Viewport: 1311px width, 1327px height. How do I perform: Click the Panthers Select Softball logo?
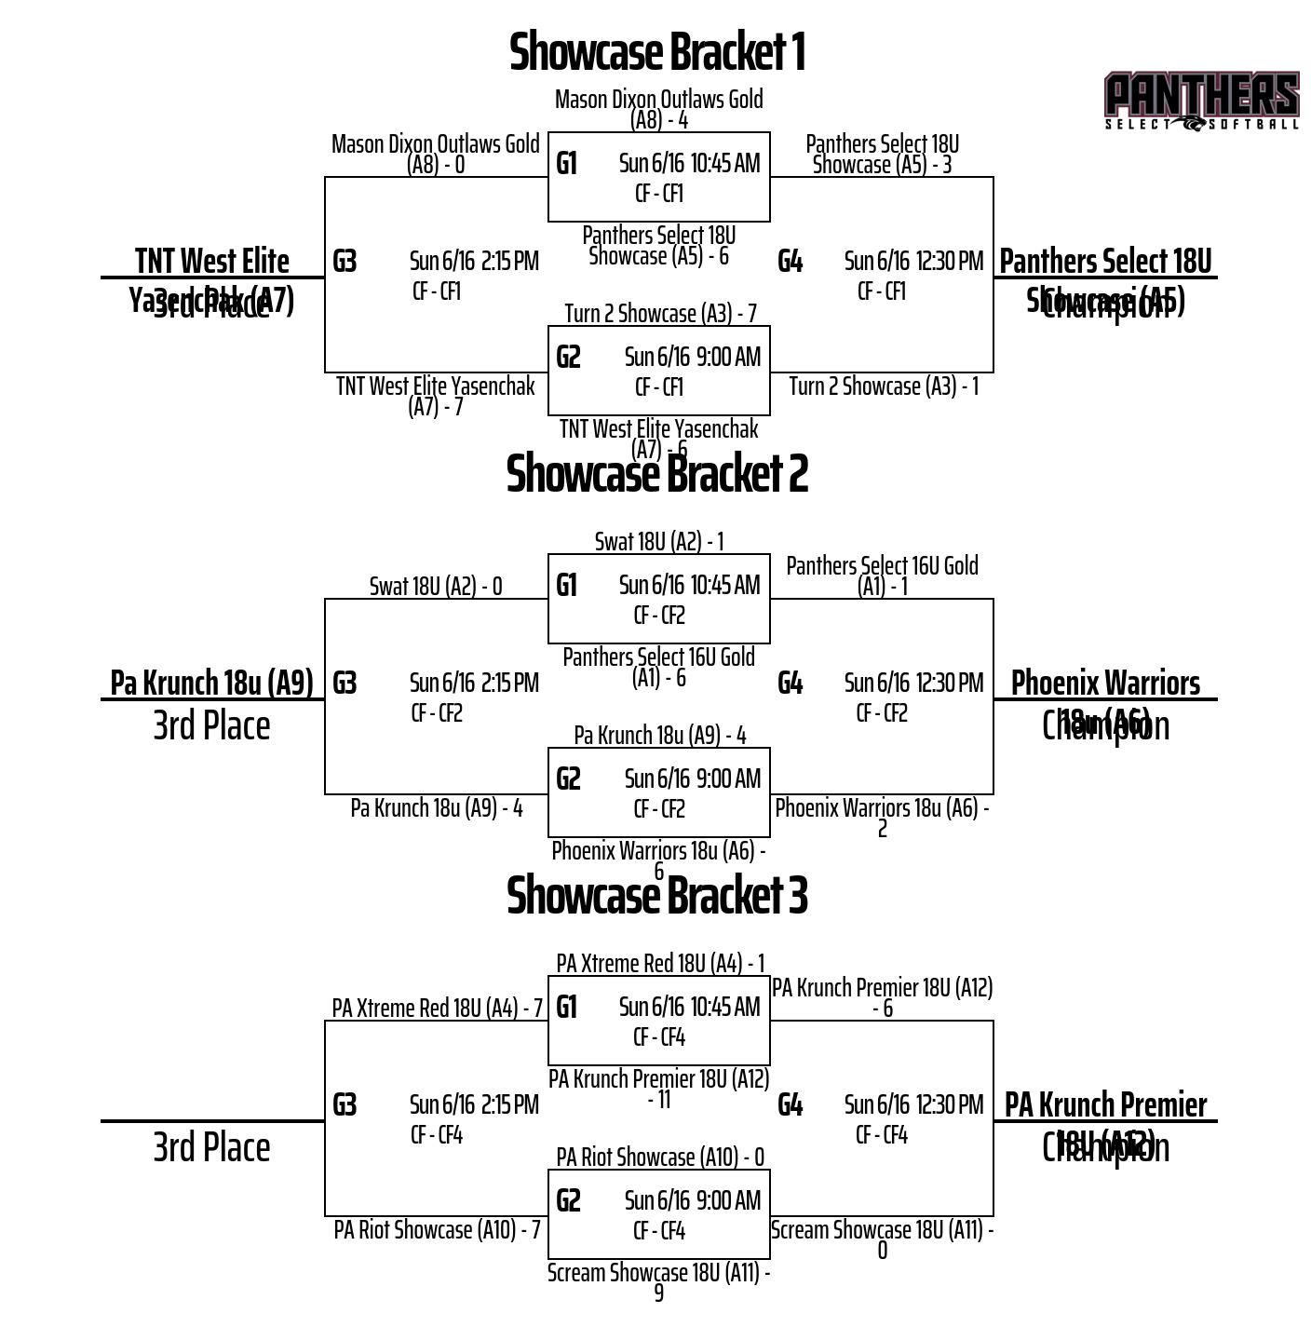point(1201,101)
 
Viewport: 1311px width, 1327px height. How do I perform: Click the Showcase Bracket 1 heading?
point(656,52)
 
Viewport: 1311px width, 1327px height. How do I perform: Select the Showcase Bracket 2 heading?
point(656,474)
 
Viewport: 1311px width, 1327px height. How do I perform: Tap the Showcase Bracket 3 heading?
point(656,896)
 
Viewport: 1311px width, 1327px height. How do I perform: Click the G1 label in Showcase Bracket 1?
point(566,164)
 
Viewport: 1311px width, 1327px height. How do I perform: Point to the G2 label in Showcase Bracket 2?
point(568,779)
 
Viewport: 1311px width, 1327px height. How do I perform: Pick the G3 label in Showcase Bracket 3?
point(345,1105)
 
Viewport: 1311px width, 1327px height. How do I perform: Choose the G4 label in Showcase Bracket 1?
point(790,262)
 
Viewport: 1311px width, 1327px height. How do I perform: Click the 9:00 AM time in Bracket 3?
point(728,1200)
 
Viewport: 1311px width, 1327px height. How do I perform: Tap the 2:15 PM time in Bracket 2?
point(510,684)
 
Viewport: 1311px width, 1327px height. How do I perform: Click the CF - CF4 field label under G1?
point(659,1037)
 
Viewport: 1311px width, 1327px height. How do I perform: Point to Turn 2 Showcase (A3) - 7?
point(660,314)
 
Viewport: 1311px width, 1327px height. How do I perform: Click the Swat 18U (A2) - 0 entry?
point(436,587)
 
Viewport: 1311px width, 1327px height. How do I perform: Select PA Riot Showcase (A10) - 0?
point(660,1158)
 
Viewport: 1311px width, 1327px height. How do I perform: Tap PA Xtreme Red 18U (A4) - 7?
point(437,1009)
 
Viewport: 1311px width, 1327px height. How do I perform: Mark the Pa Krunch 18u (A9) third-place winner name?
point(211,683)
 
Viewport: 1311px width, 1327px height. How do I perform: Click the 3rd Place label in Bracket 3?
point(211,1147)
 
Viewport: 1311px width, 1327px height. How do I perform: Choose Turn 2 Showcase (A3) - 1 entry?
point(884,386)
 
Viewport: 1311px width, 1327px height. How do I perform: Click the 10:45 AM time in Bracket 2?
point(725,586)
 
